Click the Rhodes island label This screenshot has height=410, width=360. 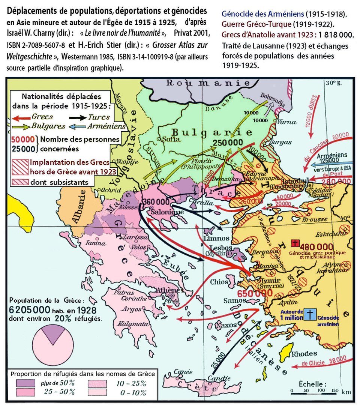(x=306, y=353)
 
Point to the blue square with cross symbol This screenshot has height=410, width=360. (x=310, y=314)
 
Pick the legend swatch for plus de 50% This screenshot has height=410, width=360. (x=24, y=383)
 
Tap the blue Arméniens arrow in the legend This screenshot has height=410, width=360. (x=78, y=127)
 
